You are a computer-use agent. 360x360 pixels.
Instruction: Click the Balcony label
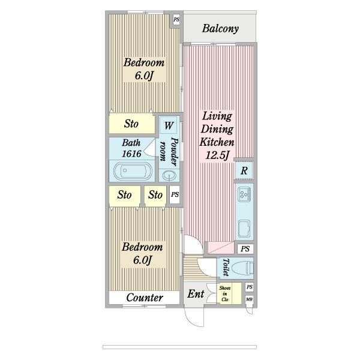pyautogui.click(x=220, y=28)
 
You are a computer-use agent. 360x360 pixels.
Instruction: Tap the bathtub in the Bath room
pyautogui.click(x=133, y=170)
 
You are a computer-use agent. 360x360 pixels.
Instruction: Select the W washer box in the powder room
pyautogui.click(x=169, y=125)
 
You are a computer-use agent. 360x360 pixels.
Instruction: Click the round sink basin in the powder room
pyautogui.click(x=169, y=176)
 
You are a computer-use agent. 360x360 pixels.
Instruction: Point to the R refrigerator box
pyautogui.click(x=244, y=170)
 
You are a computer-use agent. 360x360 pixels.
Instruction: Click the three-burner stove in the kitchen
pyautogui.click(x=244, y=194)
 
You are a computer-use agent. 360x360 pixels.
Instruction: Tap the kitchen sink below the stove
pyautogui.click(x=244, y=229)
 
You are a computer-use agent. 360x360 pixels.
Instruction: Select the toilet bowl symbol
pyautogui.click(x=242, y=268)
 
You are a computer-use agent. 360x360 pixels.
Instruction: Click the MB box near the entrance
pyautogui.click(x=249, y=299)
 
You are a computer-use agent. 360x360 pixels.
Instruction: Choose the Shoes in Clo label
pyautogui.click(x=225, y=293)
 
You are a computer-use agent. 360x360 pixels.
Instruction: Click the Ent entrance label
pyautogui.click(x=196, y=293)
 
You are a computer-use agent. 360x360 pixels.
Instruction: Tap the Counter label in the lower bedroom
pyautogui.click(x=145, y=298)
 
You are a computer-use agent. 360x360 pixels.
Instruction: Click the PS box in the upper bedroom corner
pyautogui.click(x=176, y=20)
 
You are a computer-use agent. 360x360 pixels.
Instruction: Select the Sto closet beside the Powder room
pyautogui.click(x=131, y=124)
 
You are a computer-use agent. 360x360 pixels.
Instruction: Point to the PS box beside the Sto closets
pyautogui.click(x=175, y=194)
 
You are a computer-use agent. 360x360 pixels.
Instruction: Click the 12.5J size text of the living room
pyautogui.click(x=217, y=155)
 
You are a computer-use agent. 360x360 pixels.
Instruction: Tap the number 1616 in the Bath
pyautogui.click(x=131, y=154)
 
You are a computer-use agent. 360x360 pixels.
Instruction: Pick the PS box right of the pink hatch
pyautogui.click(x=245, y=248)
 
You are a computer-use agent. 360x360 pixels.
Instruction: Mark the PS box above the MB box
pyautogui.click(x=250, y=287)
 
